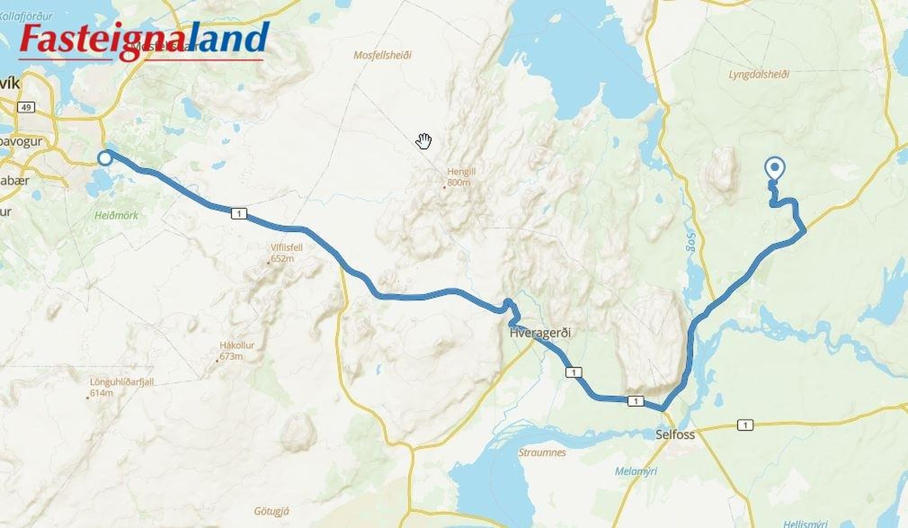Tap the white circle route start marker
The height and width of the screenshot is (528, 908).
coord(105,158)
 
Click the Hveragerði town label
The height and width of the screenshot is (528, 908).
coord(540,332)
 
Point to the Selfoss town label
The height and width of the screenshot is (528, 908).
coord(675,434)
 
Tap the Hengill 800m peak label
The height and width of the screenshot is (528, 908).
coord(461,177)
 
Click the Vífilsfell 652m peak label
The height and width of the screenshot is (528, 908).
coord(286,253)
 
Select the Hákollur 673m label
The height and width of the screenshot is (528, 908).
coord(237,351)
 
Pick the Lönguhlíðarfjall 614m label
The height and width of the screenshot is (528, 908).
coord(122,387)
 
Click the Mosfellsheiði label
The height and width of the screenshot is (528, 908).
coord(383,55)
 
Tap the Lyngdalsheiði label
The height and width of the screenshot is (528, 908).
coord(759,75)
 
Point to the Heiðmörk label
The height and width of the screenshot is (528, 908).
coord(116,215)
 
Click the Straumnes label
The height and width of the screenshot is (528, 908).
coord(542,453)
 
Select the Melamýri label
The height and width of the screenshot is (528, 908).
coord(636,471)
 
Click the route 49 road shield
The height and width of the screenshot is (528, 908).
coord(26,108)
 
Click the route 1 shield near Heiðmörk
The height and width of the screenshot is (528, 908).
coord(239,213)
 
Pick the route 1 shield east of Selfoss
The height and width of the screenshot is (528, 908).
coord(745,425)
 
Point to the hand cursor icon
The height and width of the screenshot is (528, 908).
coord(423,141)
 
